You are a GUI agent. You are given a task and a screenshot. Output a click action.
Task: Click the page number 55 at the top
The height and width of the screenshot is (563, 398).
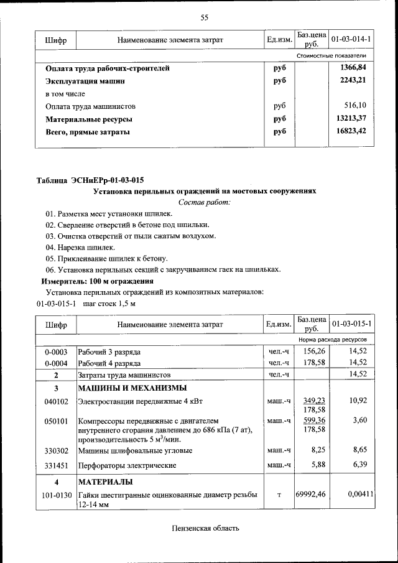(x=204, y=17)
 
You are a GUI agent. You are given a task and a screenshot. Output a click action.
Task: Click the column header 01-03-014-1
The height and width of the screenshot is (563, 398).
(x=351, y=40)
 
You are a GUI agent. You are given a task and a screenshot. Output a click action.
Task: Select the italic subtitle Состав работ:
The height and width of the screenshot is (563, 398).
(x=204, y=202)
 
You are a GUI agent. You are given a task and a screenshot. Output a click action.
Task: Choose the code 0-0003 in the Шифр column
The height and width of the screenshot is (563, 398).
(x=56, y=352)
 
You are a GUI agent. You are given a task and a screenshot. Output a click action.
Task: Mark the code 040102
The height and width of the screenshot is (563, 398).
(x=56, y=401)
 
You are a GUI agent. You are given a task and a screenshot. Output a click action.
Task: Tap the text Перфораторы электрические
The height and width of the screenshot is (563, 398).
(x=127, y=465)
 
